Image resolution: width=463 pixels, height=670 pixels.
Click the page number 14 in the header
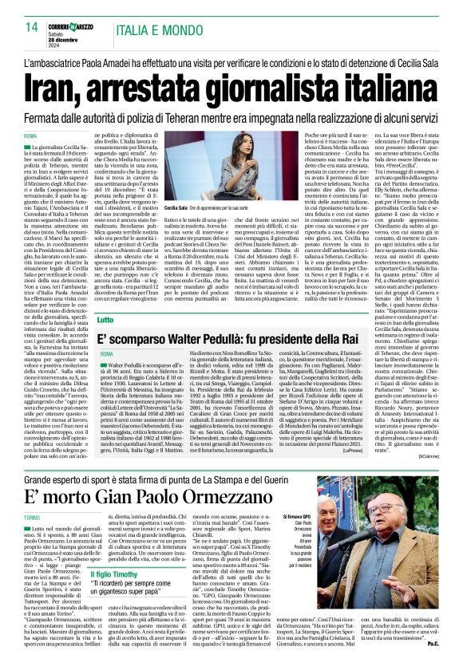point(33,27)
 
